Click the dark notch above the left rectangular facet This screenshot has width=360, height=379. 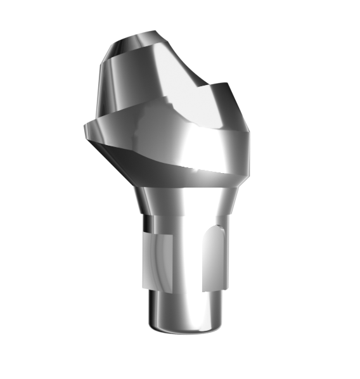147,223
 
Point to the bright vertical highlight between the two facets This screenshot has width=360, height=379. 184,260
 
